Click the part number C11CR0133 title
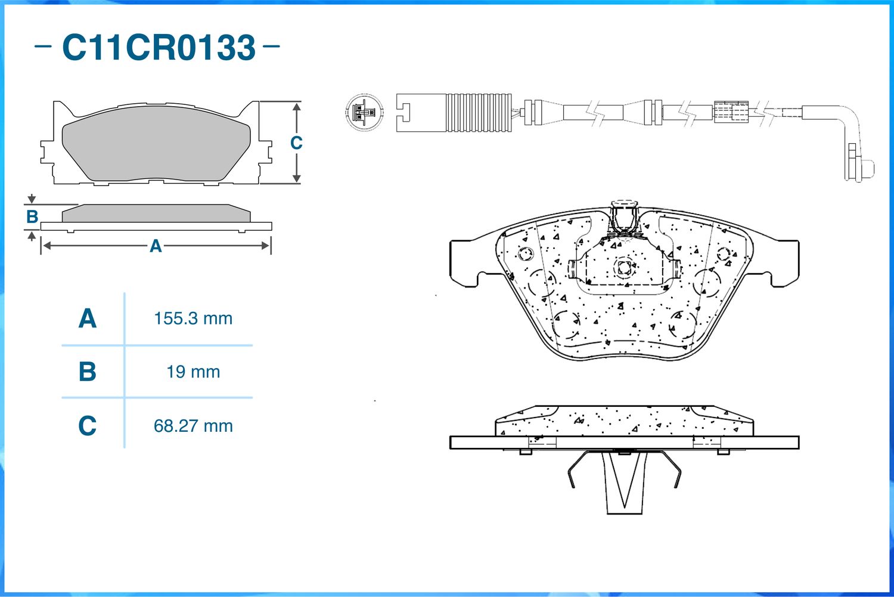pyautogui.click(x=159, y=47)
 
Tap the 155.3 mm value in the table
pyautogui.click(x=193, y=318)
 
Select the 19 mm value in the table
pyautogui.click(x=193, y=372)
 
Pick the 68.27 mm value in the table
pyautogui.click(x=193, y=426)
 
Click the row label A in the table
pyautogui.click(x=88, y=318)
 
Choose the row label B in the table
pyautogui.click(x=88, y=372)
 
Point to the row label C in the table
pyautogui.click(x=88, y=426)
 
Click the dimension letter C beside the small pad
pyautogui.click(x=296, y=143)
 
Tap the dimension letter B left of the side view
pyautogui.click(x=32, y=216)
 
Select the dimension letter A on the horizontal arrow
pyautogui.click(x=156, y=246)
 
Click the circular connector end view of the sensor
pyautogui.click(x=364, y=112)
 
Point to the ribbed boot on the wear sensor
pyautogui.click(x=479, y=113)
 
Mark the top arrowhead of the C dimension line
pyautogui.click(x=296, y=107)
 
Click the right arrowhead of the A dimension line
pyautogui.click(x=265, y=246)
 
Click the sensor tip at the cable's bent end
pyautogui.click(x=867, y=168)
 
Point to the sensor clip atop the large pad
pyautogui.click(x=625, y=217)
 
